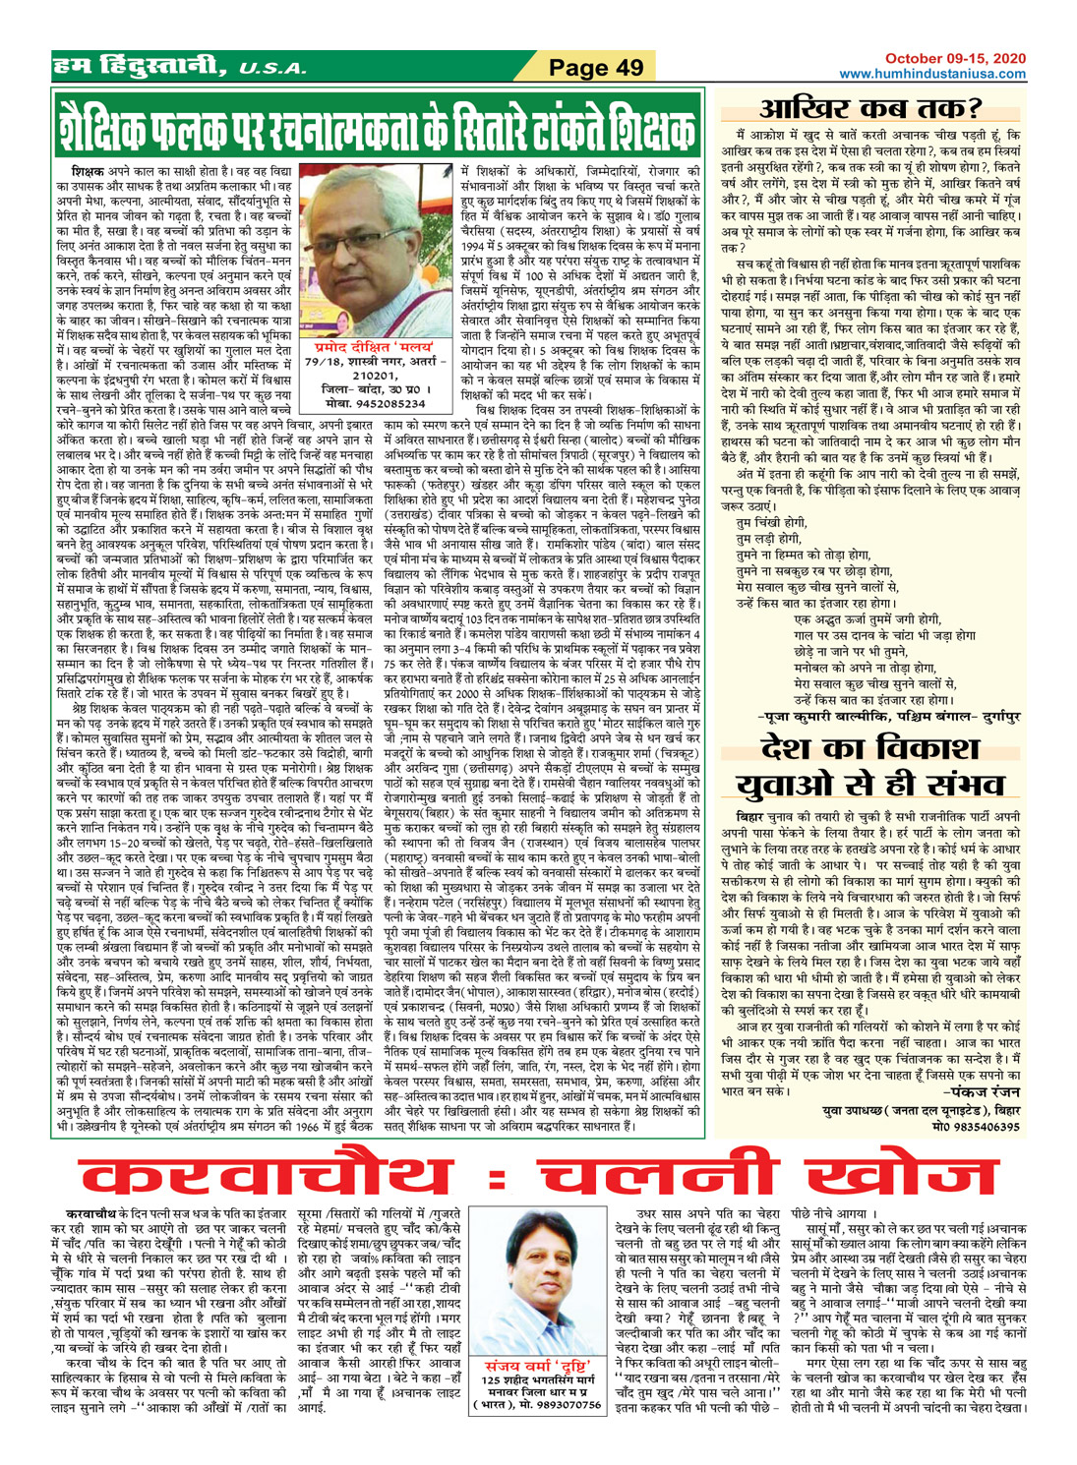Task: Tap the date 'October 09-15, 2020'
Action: (x=955, y=59)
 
